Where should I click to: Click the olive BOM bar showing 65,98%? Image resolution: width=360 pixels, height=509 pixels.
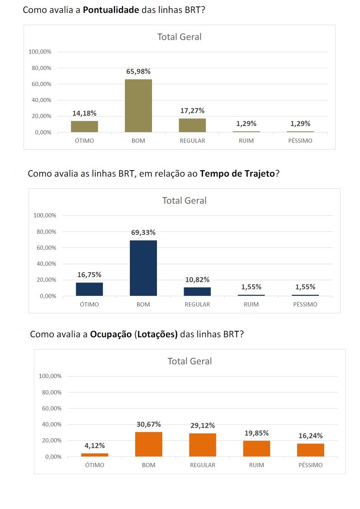(x=138, y=106)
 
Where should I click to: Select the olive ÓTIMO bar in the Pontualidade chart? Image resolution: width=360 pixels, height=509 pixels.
(x=84, y=126)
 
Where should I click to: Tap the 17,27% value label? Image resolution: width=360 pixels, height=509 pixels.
(x=192, y=111)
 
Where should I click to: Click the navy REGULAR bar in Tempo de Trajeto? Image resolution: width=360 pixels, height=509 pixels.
(x=197, y=291)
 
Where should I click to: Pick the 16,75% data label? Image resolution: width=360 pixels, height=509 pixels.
(x=89, y=275)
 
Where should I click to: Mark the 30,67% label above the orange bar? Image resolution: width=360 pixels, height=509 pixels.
(x=149, y=424)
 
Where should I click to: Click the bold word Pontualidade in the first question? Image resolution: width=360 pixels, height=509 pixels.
(x=111, y=10)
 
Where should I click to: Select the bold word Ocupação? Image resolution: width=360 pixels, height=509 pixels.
(x=110, y=334)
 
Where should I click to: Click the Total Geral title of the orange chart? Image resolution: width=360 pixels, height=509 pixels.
(x=190, y=361)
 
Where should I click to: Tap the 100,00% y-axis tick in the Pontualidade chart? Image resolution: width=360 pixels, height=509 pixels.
(x=40, y=52)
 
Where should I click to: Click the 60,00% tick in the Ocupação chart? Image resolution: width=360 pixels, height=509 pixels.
(x=51, y=408)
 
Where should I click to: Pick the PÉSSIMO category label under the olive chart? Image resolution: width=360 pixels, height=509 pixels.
(x=300, y=141)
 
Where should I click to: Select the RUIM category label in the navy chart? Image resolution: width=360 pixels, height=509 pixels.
(x=251, y=305)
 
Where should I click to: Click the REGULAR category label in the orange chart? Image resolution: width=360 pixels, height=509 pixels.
(x=203, y=465)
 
